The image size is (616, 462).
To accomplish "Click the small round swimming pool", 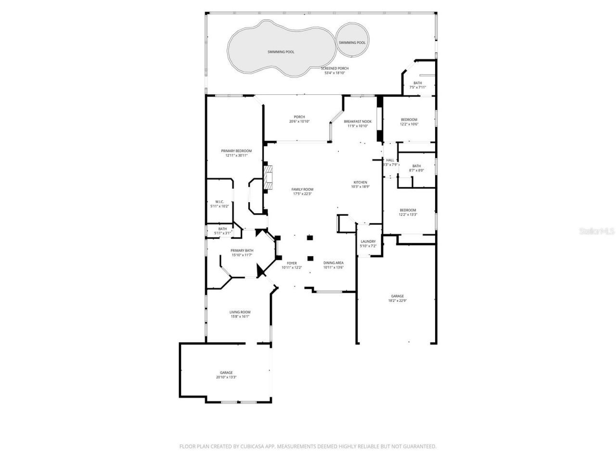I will coord(352,42).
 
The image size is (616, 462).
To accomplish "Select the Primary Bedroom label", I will coord(236,151).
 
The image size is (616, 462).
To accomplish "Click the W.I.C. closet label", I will coord(219,202).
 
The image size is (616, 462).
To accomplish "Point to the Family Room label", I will coord(302,189).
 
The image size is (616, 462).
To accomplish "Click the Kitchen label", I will coord(360,182).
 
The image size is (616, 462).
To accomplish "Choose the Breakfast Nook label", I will coord(358,121).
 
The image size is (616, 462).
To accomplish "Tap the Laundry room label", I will coord(368,242).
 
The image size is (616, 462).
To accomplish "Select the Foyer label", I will coord(292,263).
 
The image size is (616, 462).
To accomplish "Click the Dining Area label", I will coord(333,263).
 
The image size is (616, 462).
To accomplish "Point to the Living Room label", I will coord(240,312).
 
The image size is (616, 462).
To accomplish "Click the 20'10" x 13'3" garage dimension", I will coord(226,377).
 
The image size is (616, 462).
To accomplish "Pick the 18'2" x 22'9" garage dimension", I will coord(398,301).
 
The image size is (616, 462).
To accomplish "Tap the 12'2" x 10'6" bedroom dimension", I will coord(409,124).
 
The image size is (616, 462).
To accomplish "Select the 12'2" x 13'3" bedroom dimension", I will coord(408,215).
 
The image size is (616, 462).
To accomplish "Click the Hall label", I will coord(390,160).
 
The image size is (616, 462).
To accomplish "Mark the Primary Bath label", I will coord(242,250).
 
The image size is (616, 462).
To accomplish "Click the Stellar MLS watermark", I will coord(597,231).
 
